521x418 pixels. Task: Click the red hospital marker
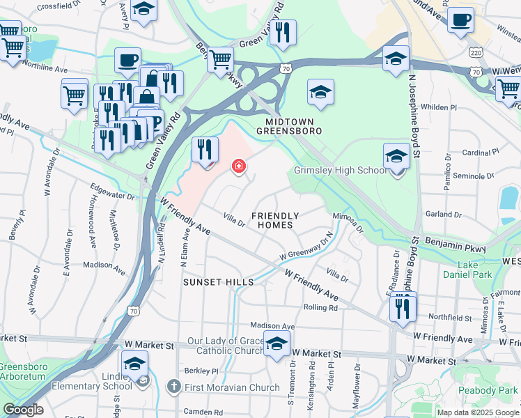238,166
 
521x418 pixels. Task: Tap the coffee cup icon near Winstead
460,20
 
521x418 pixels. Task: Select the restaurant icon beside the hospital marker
205,150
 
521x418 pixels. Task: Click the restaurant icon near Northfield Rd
403,307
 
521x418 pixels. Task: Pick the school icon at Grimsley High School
396,157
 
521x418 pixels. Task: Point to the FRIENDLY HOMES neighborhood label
274,220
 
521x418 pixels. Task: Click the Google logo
23,410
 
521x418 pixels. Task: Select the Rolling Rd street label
320,307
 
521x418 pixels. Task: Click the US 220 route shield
474,52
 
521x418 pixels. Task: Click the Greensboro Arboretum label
21,371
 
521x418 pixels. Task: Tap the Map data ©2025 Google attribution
477,412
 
